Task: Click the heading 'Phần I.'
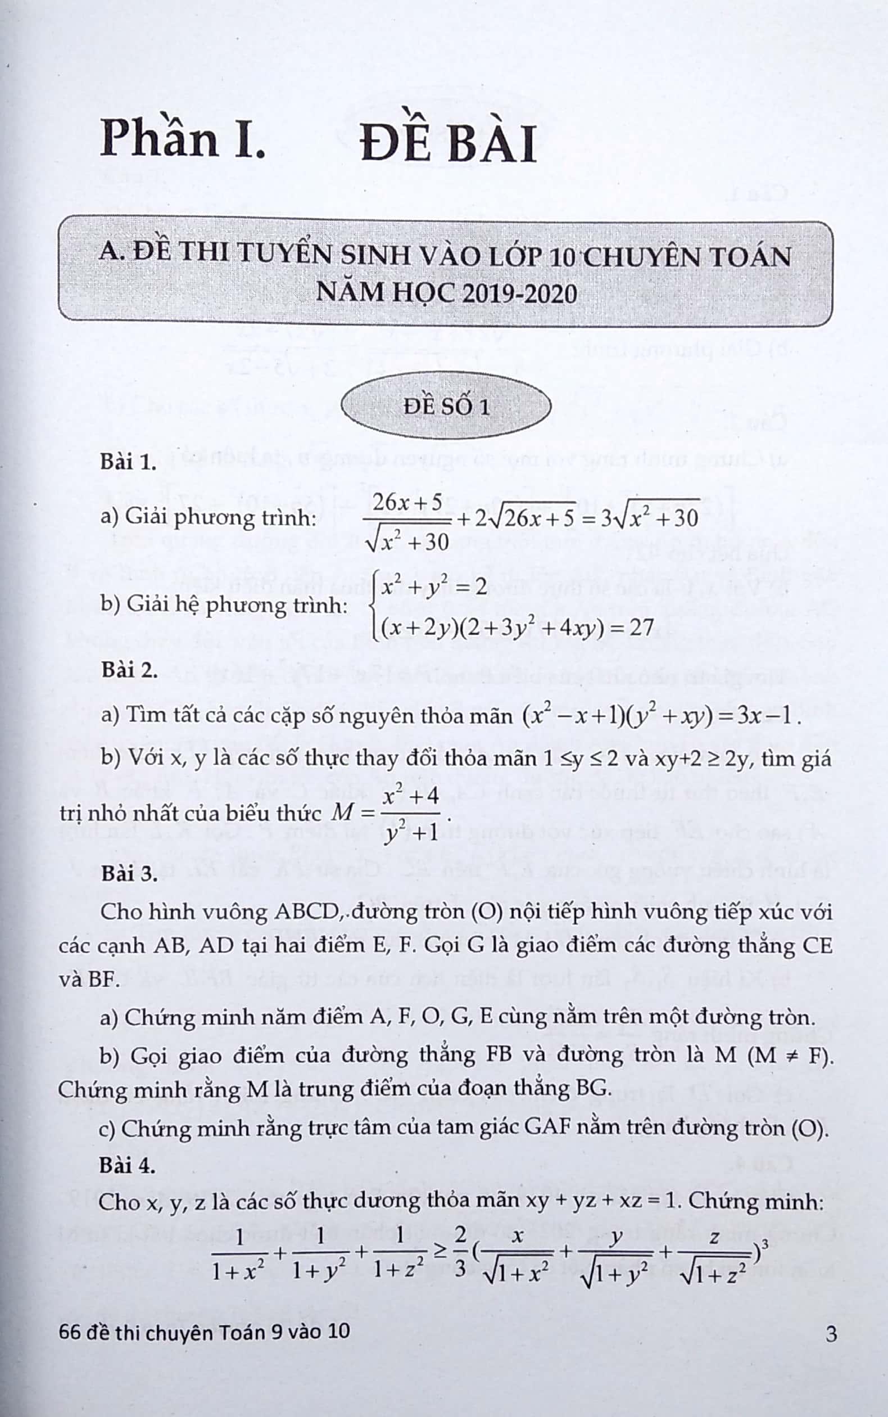[183, 140]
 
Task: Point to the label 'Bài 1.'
[128, 462]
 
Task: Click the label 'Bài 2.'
[129, 670]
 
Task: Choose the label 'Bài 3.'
[129, 874]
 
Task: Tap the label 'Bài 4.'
[128, 1165]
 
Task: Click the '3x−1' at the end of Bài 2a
[767, 716]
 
